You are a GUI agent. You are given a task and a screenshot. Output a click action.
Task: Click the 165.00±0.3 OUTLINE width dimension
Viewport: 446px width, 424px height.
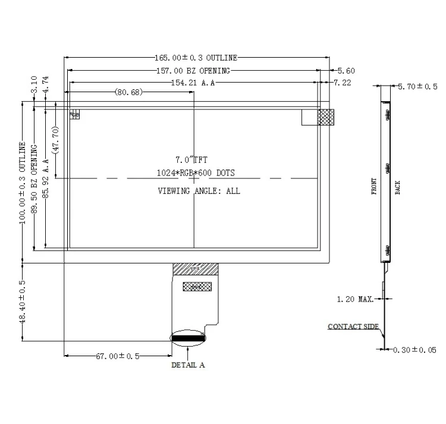(x=196, y=58)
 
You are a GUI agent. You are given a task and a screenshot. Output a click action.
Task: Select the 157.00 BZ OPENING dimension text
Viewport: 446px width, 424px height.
(x=192, y=71)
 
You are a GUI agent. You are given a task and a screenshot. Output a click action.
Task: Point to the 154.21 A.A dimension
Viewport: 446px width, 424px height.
(x=192, y=83)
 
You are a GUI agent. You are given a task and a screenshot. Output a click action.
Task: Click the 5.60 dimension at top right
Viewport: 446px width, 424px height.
(x=346, y=71)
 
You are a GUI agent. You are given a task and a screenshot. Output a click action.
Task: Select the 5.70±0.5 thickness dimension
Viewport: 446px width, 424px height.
(x=417, y=87)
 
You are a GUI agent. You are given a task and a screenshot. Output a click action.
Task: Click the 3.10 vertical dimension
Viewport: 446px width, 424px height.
(x=34, y=83)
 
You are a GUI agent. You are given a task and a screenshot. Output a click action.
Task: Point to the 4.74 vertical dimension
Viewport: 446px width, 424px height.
(x=46, y=83)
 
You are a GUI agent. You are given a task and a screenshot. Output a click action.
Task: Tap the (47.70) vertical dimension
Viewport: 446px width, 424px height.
(x=55, y=140)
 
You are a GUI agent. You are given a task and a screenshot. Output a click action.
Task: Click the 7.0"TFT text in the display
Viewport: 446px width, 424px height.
(x=191, y=160)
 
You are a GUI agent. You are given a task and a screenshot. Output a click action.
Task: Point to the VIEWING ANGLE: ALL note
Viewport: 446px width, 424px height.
(x=199, y=191)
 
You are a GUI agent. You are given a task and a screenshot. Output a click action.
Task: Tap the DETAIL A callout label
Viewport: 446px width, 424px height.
(x=188, y=365)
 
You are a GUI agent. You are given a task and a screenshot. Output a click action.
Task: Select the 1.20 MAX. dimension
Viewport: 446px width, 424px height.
(x=355, y=299)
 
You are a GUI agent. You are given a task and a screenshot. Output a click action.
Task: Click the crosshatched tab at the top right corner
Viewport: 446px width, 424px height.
(x=326, y=117)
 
